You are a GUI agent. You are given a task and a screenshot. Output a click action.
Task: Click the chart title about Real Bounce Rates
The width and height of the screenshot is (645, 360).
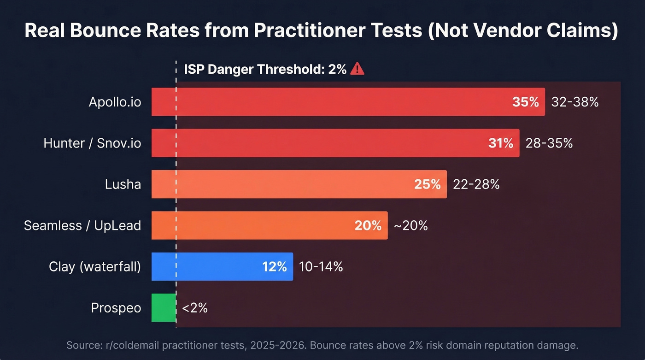click(321, 30)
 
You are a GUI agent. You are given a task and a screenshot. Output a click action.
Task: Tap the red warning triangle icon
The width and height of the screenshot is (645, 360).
click(357, 69)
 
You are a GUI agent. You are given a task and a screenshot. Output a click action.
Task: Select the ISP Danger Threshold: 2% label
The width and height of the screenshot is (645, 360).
click(265, 69)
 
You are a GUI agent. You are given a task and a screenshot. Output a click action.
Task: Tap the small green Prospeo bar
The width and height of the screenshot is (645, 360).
click(164, 307)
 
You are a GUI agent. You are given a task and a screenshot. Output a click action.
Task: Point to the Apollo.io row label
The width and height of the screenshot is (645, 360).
click(115, 102)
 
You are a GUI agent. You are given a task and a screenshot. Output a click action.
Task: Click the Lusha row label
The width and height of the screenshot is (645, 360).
click(123, 184)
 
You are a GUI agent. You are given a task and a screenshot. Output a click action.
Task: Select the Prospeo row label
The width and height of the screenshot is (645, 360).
click(116, 307)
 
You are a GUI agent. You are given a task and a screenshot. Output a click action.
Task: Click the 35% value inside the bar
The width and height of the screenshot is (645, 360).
click(525, 102)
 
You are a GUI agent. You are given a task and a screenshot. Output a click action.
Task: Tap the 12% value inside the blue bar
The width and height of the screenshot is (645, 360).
click(275, 266)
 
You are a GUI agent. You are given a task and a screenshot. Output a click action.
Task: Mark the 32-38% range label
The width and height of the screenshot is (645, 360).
click(575, 102)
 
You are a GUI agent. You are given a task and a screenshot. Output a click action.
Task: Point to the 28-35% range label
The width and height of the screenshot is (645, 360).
click(549, 143)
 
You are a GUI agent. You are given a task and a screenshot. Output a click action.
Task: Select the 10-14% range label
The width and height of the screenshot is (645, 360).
click(321, 266)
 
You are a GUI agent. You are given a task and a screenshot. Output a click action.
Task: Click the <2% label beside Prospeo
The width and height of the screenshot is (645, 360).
click(195, 307)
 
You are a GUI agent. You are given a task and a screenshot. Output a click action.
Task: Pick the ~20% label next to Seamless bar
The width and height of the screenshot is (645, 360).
click(410, 225)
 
